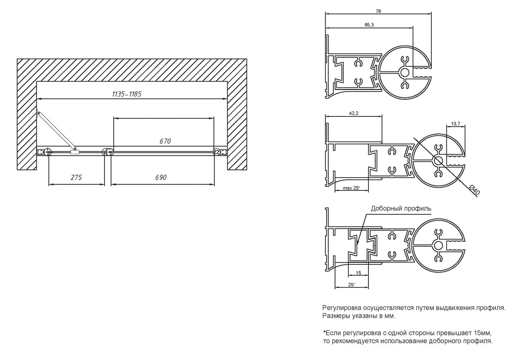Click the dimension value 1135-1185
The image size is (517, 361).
(126, 94)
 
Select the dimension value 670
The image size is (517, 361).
(165, 141)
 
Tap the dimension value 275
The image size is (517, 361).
(76, 177)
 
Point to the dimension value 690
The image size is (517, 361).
(161, 177)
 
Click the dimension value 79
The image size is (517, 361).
(378, 11)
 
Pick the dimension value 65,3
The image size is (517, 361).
(369, 25)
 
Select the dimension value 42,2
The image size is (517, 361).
(354, 113)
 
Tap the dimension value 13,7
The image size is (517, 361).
(456, 124)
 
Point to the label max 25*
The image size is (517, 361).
(351, 188)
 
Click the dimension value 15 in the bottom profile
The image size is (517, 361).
(359, 273)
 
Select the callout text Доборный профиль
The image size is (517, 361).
(401, 208)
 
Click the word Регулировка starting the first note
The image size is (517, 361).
(342, 308)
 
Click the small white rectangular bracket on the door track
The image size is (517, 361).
(75, 152)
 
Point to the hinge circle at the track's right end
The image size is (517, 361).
(217, 152)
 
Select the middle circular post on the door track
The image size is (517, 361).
(108, 152)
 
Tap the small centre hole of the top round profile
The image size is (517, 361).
(405, 73)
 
